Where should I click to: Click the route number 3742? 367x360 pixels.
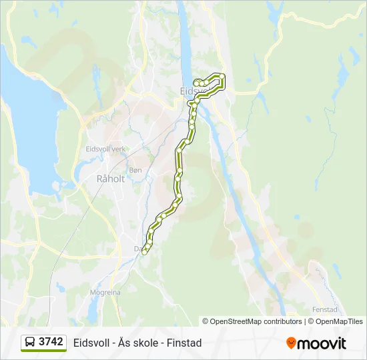pos(51,342)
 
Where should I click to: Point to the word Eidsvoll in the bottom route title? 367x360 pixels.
pos(91,343)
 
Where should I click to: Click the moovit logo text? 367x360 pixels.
pos(322,343)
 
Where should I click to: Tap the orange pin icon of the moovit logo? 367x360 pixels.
pos(291,343)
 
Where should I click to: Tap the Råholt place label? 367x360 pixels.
pos(111,179)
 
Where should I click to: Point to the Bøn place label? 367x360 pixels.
pos(135,171)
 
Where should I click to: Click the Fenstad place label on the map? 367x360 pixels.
pos(325,309)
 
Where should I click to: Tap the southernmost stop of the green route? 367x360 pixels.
pos(145,251)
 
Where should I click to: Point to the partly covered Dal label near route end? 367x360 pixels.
pos(138,249)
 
